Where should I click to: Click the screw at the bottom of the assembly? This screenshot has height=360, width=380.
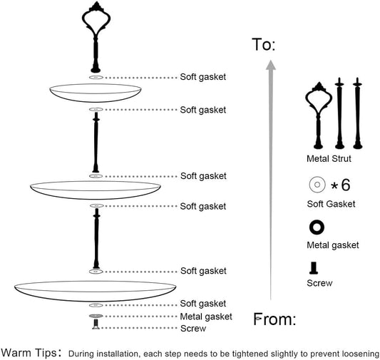pyautogui.click(x=96, y=324)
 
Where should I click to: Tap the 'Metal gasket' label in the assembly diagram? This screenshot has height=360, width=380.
pyautogui.click(x=206, y=317)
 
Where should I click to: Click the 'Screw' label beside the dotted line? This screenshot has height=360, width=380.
pyautogui.click(x=193, y=329)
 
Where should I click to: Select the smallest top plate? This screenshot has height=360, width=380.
pyautogui.click(x=96, y=93)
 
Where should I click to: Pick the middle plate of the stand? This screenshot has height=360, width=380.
pyautogui.click(x=96, y=190)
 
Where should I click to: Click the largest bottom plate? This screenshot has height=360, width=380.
pyautogui.click(x=96, y=291)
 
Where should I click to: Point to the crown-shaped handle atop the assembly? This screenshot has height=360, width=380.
pyautogui.click(x=96, y=37)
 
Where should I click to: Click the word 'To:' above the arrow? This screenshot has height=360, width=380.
pyautogui.click(x=264, y=45)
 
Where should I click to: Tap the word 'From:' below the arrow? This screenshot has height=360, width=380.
pyautogui.click(x=274, y=319)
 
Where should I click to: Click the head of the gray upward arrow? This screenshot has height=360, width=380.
pyautogui.click(x=271, y=65)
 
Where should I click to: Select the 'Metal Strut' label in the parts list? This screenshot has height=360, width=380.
pyautogui.click(x=329, y=159)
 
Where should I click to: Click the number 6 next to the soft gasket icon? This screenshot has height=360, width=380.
pyautogui.click(x=346, y=185)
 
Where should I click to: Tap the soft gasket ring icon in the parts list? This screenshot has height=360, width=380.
pyautogui.click(x=317, y=185)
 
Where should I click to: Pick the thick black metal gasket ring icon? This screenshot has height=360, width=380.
pyautogui.click(x=317, y=227)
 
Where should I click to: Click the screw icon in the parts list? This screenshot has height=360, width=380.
pyautogui.click(x=314, y=268)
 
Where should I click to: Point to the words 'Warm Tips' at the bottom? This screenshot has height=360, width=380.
pyautogui.click(x=29, y=352)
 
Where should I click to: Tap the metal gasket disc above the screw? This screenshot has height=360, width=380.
pyautogui.click(x=96, y=316)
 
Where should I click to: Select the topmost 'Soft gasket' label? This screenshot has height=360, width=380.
pyautogui.click(x=203, y=77)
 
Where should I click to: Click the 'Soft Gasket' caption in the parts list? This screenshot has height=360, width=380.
pyautogui.click(x=331, y=204)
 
